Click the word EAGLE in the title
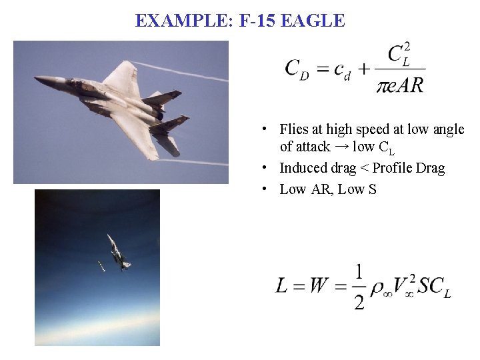click(x=313, y=21)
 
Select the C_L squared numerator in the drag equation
click(x=399, y=53)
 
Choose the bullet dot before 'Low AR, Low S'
click(x=265, y=189)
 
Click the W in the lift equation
click(x=319, y=287)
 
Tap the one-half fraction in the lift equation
click(x=359, y=287)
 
